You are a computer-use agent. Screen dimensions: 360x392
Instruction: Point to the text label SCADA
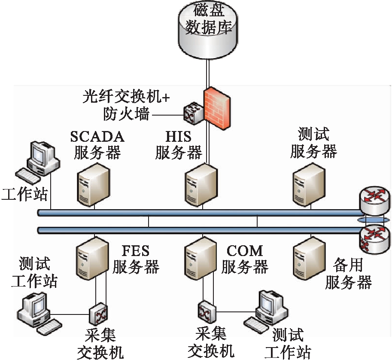[x=97, y=137]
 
